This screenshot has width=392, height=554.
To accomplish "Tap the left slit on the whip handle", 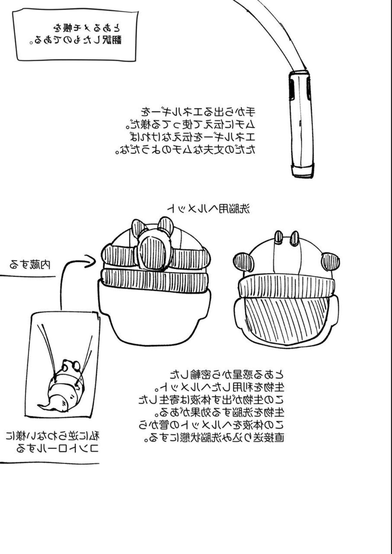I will pos(291,89).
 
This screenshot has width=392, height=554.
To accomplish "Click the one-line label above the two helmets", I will pos(209,209).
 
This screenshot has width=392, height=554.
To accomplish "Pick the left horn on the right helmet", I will pos(278,238).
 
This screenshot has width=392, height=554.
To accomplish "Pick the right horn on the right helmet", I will pos(294,238).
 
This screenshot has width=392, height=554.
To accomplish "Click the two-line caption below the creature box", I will pos(52,443).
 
